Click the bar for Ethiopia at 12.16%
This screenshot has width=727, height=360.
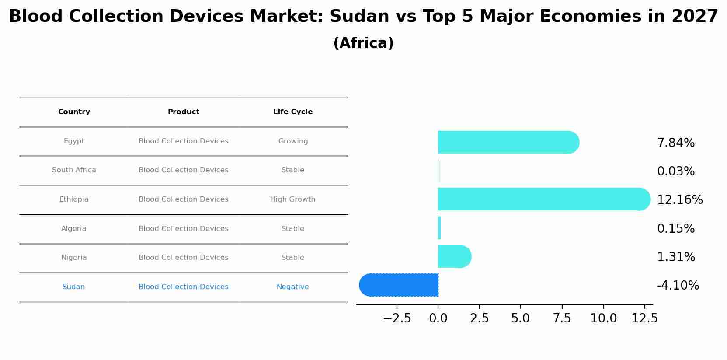tap(542, 199)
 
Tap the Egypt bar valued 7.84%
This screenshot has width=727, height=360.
tap(507, 142)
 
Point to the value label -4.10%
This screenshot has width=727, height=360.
tap(678, 286)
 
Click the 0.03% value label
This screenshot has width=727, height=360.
tap(675, 171)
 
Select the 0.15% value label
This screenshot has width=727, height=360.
tap(675, 229)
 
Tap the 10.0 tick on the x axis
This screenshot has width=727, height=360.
tap(603, 318)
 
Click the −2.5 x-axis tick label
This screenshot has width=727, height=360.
tap(397, 318)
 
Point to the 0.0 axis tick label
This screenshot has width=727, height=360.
tap(438, 318)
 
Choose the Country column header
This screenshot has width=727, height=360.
tap(74, 112)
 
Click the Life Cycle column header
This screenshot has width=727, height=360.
tap(293, 112)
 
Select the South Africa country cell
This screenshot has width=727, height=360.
tap(74, 170)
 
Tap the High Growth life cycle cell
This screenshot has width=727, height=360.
tap(293, 199)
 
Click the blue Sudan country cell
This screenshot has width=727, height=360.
tap(73, 287)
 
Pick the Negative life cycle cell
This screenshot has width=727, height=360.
tap(293, 287)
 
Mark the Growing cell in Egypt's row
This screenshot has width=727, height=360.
tap(293, 141)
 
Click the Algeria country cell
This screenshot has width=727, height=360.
tap(73, 229)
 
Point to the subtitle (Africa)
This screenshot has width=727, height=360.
tap(363, 43)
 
